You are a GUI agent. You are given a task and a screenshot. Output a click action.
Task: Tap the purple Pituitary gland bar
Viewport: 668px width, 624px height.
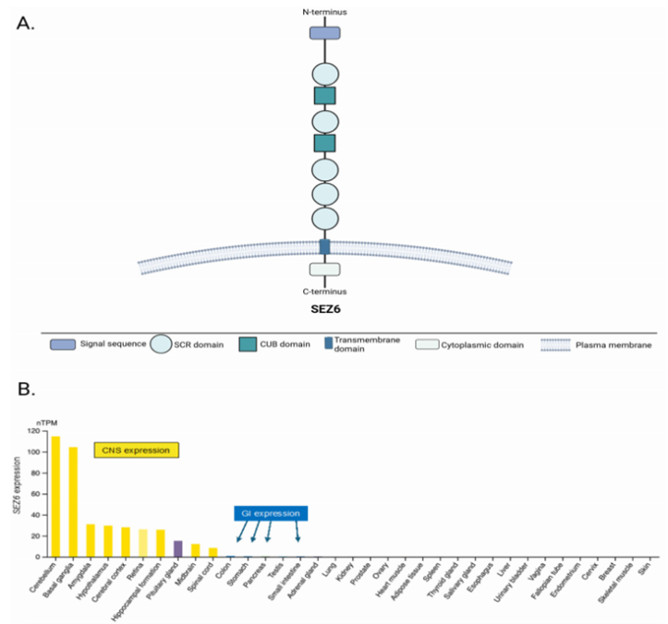[x=178, y=548]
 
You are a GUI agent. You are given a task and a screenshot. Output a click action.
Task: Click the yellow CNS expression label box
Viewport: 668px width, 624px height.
[x=136, y=450]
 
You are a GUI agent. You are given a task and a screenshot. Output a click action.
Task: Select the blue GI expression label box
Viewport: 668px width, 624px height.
[x=272, y=512]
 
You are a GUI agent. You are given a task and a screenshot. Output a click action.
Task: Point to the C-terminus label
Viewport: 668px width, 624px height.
[x=324, y=291]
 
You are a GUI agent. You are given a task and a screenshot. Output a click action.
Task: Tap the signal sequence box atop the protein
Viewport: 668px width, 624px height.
[x=324, y=33]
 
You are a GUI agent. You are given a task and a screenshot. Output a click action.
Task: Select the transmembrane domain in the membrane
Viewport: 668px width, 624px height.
[x=324, y=246]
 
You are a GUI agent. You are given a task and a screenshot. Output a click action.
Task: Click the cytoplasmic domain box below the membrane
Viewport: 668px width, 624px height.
[x=324, y=270]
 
